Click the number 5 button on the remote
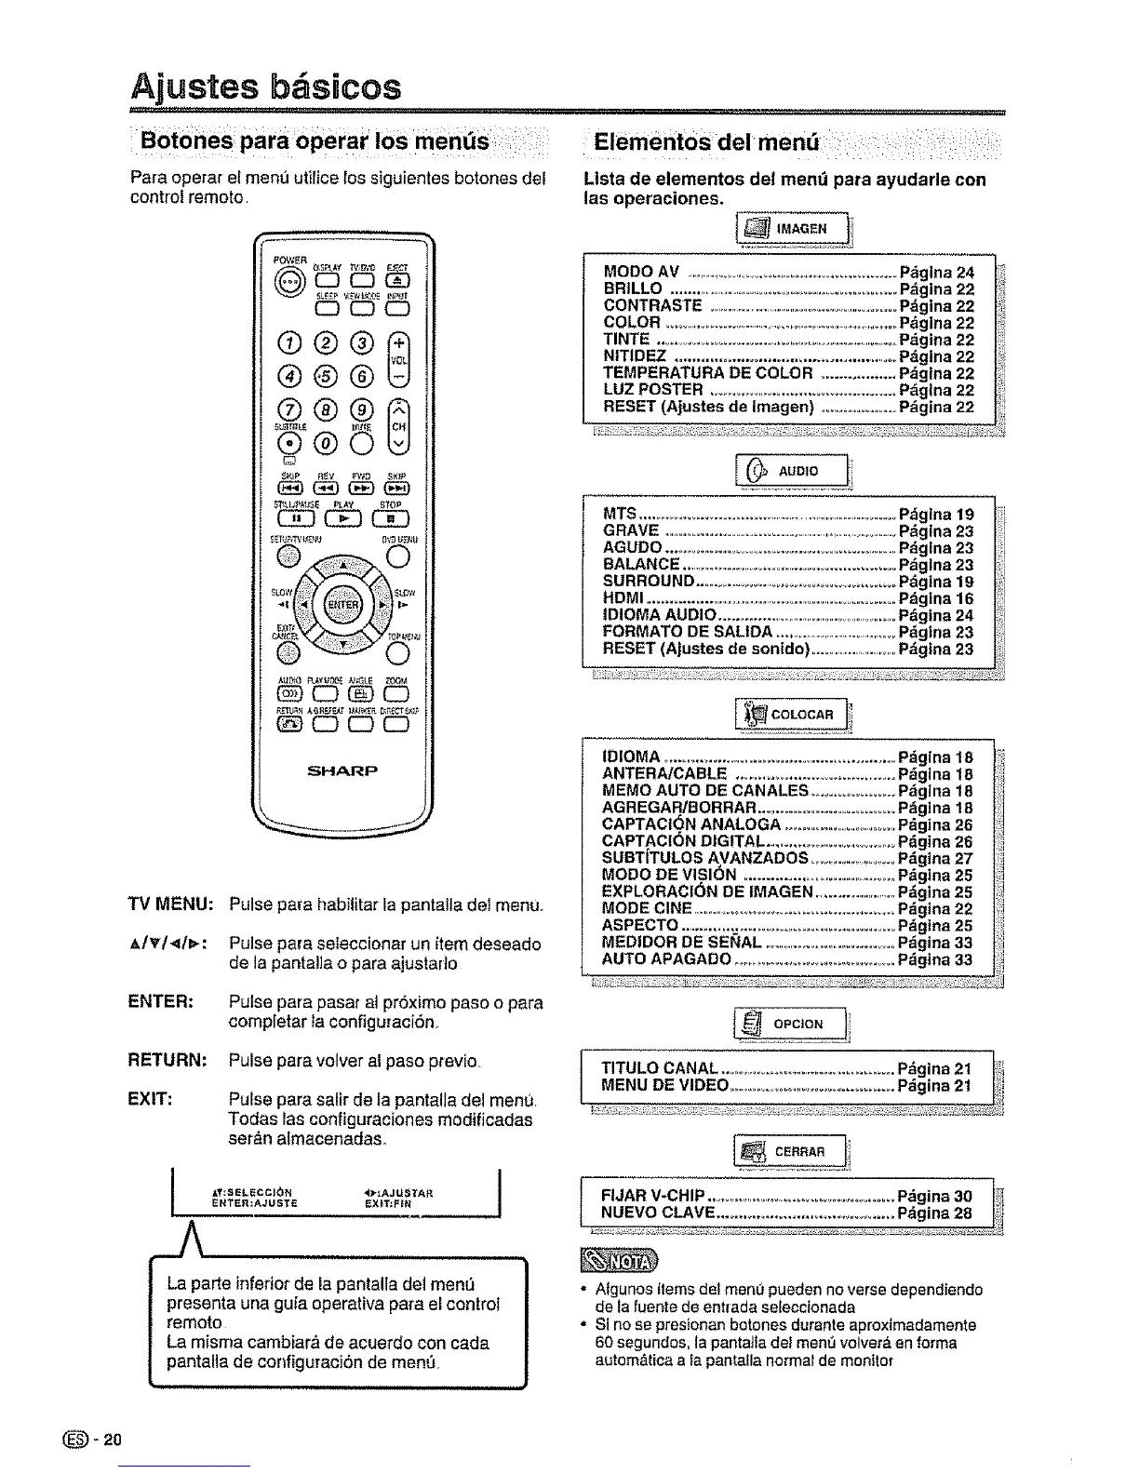[x=327, y=375]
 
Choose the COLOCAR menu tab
[x=792, y=715]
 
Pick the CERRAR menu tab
[x=792, y=1154]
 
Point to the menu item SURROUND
[x=649, y=582]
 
